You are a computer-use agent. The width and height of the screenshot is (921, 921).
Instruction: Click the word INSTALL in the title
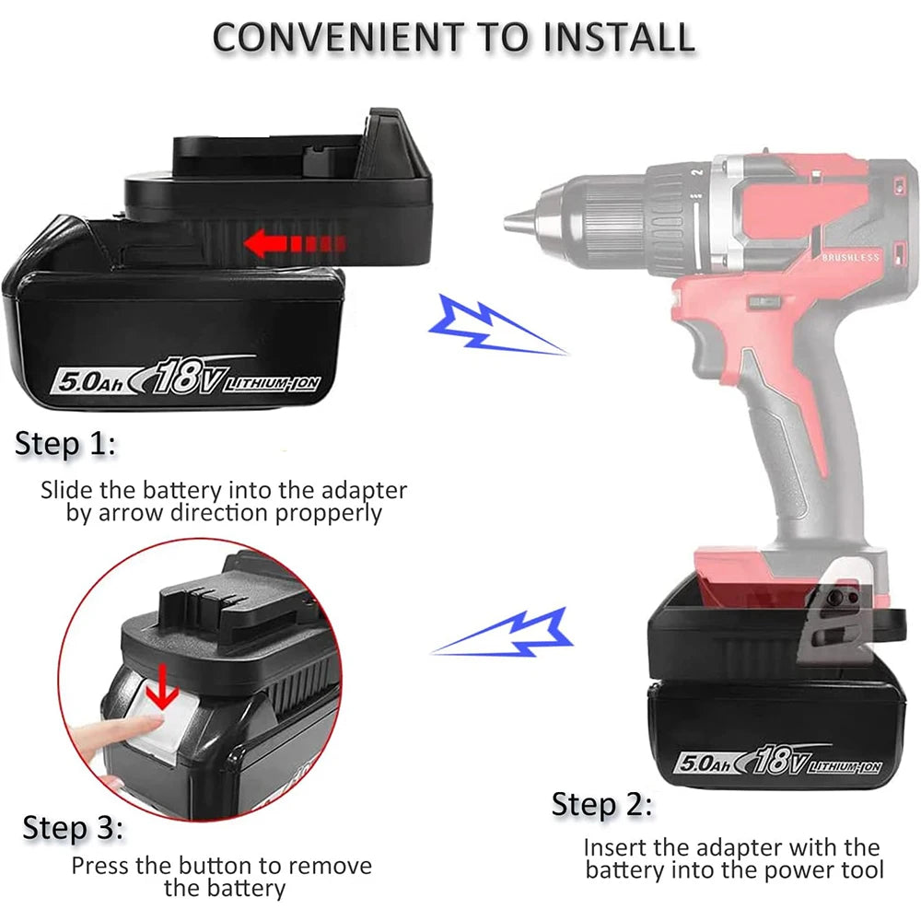[x=618, y=36]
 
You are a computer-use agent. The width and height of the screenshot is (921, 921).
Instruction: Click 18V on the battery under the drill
[x=778, y=762]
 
